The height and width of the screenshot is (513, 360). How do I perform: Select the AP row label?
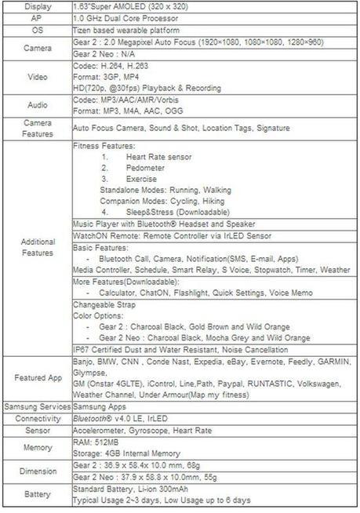(38, 16)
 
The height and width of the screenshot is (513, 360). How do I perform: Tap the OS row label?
(38, 28)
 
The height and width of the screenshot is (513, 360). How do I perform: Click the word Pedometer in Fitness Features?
(146, 168)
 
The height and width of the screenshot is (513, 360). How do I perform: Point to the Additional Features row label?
(38, 247)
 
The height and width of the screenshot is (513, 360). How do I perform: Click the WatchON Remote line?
(172, 235)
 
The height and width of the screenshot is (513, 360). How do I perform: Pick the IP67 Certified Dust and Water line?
(180, 349)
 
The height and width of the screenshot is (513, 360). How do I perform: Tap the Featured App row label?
(38, 378)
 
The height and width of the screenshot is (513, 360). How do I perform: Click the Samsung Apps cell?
(100, 408)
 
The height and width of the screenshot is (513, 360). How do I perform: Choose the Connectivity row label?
(38, 420)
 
